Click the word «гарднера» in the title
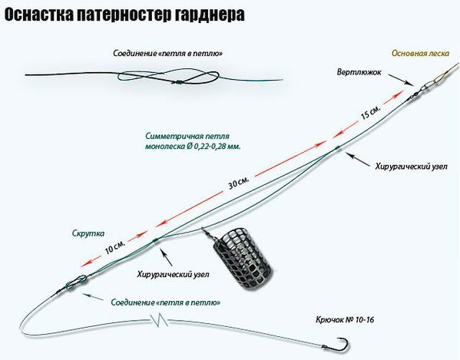pyautogui.click(x=210, y=15)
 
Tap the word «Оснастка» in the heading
pyautogui.click(x=38, y=15)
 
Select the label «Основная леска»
pyautogui.click(x=420, y=54)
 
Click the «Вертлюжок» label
pyautogui.click(x=359, y=72)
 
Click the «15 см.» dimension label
pyautogui.click(x=371, y=113)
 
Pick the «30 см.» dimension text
pyautogui.click(x=239, y=183)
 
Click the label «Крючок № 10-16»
pyautogui.click(x=345, y=319)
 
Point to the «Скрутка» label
pyautogui.click(x=88, y=233)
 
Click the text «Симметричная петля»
pyautogui.click(x=187, y=137)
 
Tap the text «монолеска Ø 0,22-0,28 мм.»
pyautogui.click(x=193, y=147)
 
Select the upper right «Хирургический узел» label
pyautogui.click(x=412, y=167)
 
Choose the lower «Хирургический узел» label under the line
pyautogui.click(x=174, y=275)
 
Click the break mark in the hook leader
pyautogui.click(x=159, y=320)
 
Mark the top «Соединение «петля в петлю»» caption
pyautogui.click(x=167, y=54)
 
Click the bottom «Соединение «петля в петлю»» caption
pyautogui.click(x=166, y=302)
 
